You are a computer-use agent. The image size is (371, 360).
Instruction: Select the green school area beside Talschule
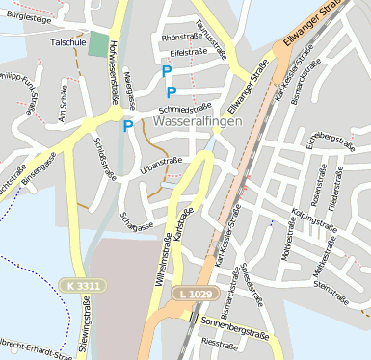(98, 44)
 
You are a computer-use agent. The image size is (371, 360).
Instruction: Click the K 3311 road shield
(83, 286)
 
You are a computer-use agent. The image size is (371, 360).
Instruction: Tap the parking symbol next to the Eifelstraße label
(167, 70)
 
